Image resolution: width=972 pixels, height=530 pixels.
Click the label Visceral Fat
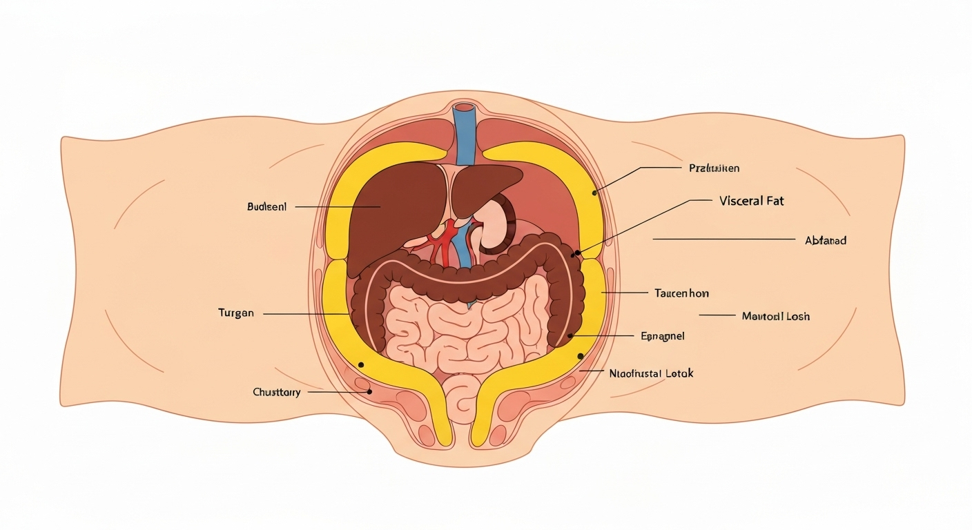pos(751,202)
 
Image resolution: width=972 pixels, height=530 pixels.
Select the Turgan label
pos(236,313)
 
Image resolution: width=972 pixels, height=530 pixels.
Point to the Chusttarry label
pos(277,392)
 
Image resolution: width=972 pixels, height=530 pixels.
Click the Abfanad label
pos(826,241)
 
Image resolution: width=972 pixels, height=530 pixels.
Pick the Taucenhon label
pos(681,293)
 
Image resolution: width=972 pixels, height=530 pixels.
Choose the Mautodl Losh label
pos(775,316)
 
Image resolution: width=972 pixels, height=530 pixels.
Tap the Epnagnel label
pos(662,336)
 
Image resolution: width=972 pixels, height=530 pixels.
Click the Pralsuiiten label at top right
pos(715,168)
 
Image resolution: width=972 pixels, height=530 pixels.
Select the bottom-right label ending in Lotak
pos(651,373)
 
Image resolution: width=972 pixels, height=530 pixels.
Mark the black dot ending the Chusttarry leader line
pos(369,391)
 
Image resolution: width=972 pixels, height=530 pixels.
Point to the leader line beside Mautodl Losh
pos(717,315)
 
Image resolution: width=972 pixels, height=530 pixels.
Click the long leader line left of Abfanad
pos(723,239)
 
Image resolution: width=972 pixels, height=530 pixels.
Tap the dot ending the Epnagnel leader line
pos(570,336)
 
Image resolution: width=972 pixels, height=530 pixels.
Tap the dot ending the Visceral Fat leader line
pos(577,253)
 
